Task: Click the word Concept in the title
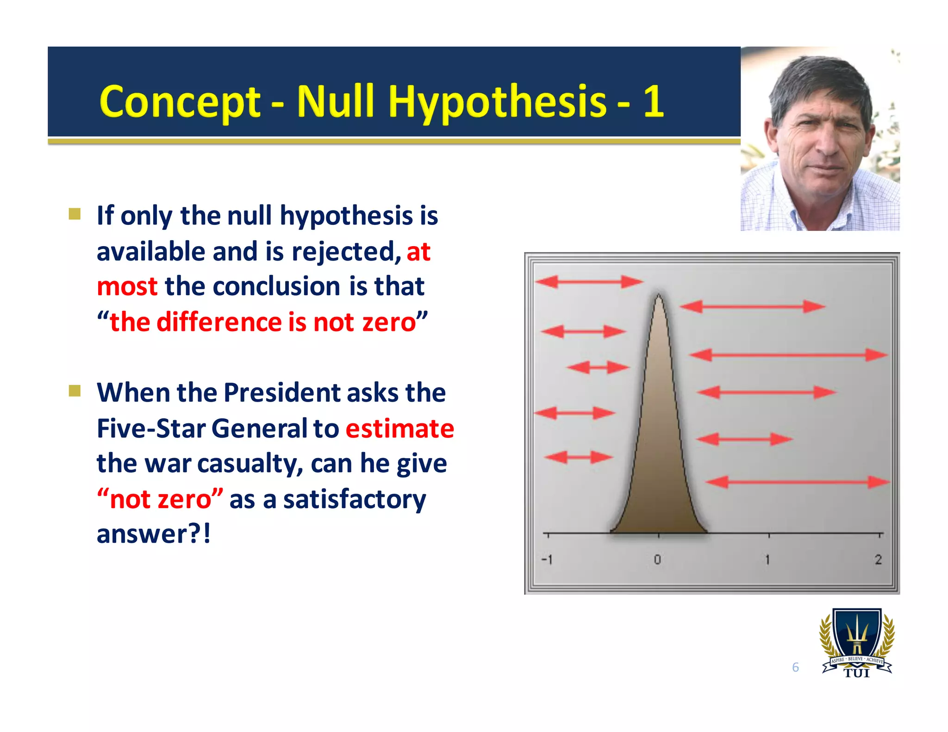coord(180,102)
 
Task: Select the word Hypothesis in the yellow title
coord(497,102)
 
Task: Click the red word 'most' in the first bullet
coord(127,286)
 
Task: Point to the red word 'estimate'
coord(399,428)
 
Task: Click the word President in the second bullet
coord(282,393)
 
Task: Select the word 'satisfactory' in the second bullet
coord(354,499)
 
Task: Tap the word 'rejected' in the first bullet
coord(346,252)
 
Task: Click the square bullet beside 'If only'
coord(75,214)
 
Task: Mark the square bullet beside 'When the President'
coord(75,391)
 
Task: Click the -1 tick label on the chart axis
coord(547,560)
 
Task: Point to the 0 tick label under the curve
coord(657,560)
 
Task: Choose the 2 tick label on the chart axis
coord(878,560)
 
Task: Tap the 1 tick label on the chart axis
coord(767,560)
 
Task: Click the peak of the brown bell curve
coord(659,296)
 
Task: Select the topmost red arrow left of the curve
coord(588,281)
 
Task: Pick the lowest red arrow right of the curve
coord(797,482)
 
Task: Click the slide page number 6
coord(795,667)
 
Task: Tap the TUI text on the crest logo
coord(857,673)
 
